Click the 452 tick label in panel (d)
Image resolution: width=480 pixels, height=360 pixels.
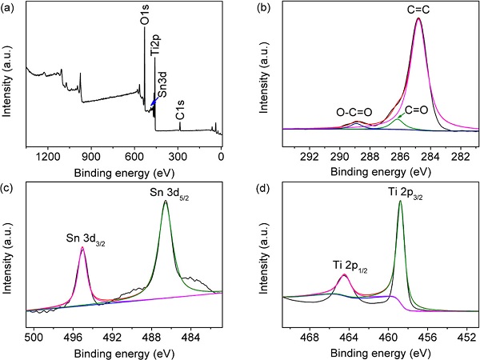466,338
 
